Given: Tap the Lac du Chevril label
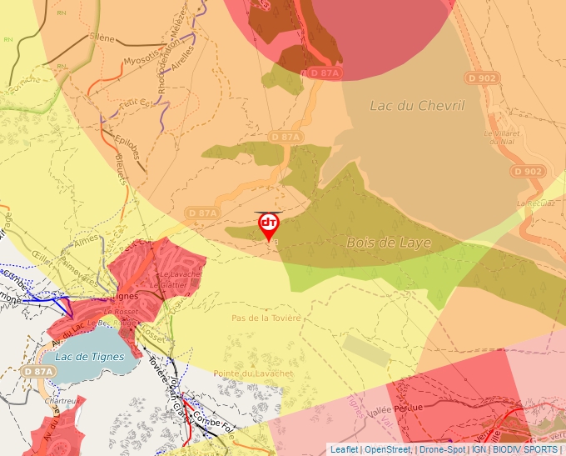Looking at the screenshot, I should (416, 105).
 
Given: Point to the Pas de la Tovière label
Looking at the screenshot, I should (266, 318).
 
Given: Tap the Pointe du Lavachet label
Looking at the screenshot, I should (253, 373).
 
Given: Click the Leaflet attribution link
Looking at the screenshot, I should (344, 449).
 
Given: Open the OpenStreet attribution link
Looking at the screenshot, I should (387, 449).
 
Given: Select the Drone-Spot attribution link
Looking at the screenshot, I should (442, 449).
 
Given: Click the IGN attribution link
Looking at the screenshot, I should (479, 449).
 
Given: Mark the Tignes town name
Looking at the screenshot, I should (124, 295).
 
